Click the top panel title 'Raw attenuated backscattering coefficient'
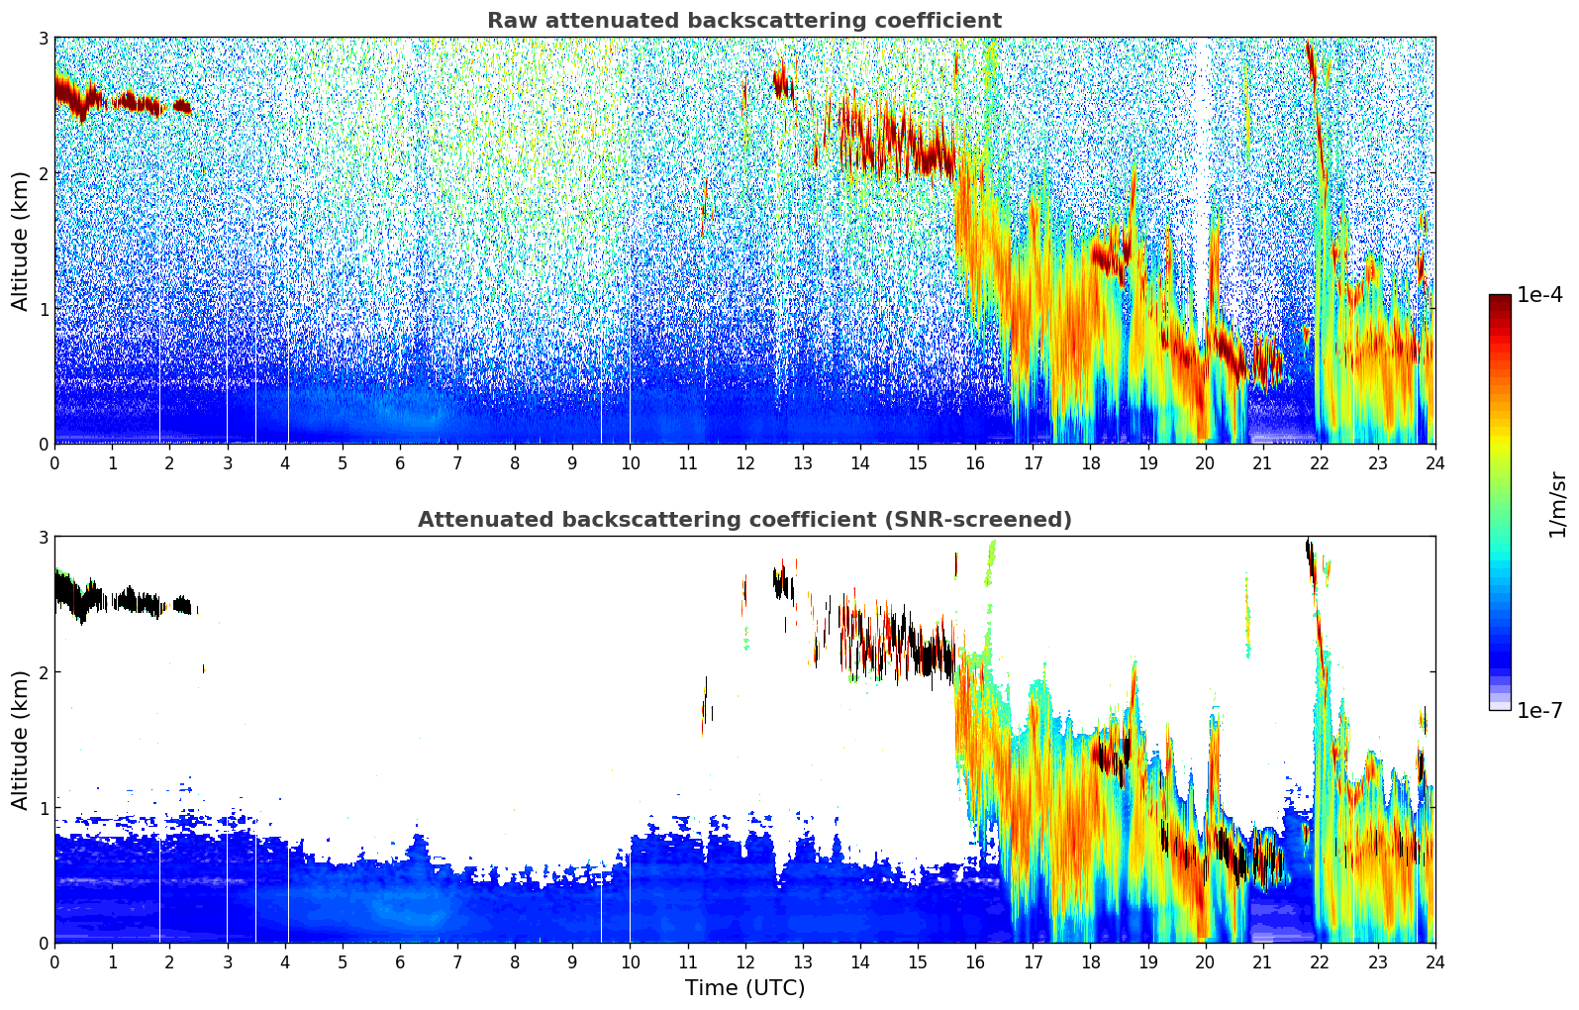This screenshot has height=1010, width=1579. coord(743,21)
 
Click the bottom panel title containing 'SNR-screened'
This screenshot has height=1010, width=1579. coord(743,520)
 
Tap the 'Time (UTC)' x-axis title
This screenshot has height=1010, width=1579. coord(744,988)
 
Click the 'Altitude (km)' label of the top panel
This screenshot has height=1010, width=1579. coord(21,241)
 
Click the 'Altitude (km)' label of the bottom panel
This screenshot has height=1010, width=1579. coord(21,740)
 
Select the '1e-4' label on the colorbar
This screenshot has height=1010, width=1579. coord(1539,295)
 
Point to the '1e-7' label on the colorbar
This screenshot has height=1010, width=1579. coord(1539,710)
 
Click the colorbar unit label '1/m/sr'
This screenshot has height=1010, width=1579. coord(1557,504)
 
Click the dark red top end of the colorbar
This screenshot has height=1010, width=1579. coord(1500,299)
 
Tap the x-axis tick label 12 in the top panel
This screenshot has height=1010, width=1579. coord(744,463)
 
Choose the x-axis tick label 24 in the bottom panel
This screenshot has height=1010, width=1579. coord(1434,962)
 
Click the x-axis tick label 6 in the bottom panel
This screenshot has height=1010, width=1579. coord(400,962)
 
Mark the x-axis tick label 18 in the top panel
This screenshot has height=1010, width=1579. coord(1090,463)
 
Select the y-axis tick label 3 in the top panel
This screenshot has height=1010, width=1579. coord(44,38)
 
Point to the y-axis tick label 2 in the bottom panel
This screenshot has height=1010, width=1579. coord(44,672)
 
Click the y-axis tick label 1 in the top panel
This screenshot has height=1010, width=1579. coord(44,309)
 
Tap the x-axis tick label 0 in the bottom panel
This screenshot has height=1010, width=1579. coord(54,962)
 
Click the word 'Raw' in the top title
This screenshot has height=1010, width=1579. coord(508,21)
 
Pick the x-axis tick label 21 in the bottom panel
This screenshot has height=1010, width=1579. coord(1262,962)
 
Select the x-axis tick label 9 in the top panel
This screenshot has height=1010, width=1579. coord(572,463)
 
